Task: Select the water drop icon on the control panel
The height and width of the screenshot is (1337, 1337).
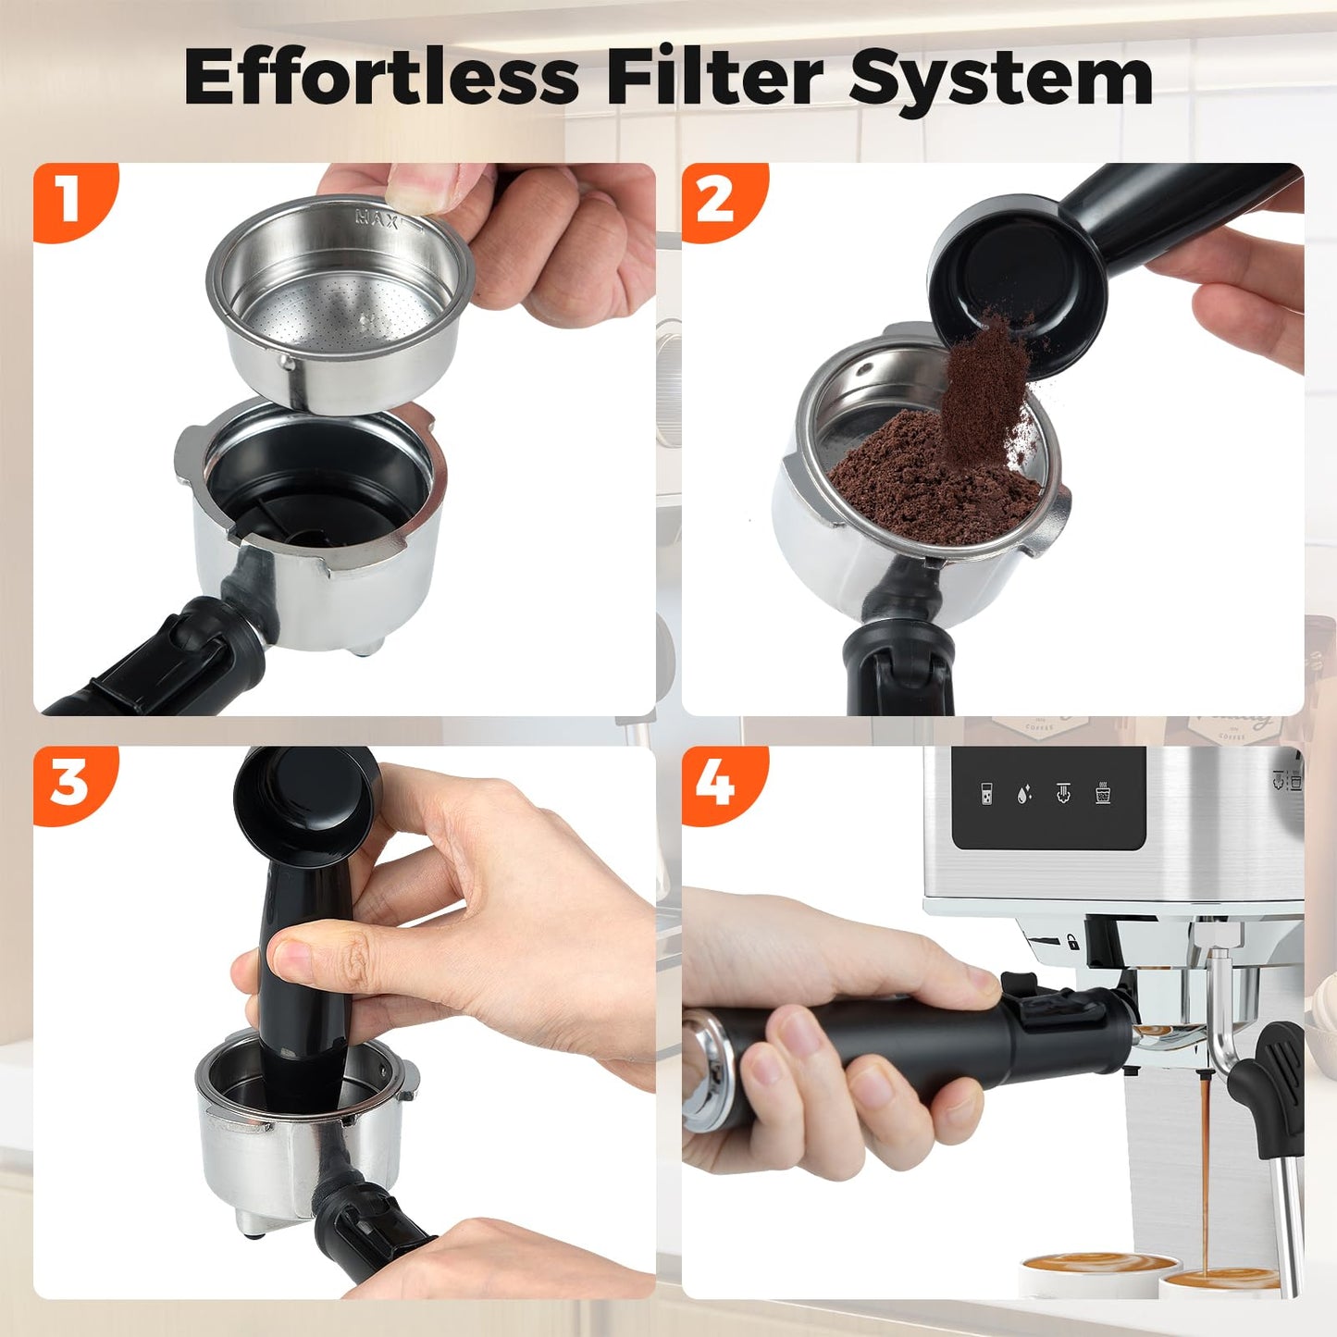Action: click(1023, 794)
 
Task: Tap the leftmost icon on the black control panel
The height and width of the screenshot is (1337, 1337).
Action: click(986, 794)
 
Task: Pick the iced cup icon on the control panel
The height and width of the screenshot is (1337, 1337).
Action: click(1103, 793)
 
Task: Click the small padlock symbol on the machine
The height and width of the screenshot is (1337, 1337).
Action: click(1071, 942)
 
